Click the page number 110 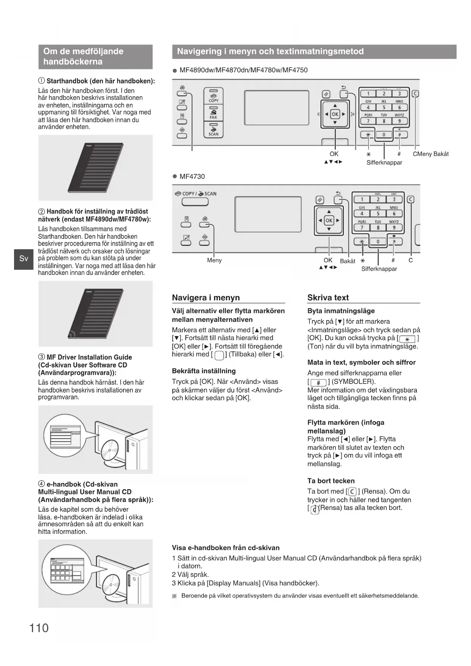tap(39, 628)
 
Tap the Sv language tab tap(24, 259)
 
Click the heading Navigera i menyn tap(206, 298)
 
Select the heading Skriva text tap(328, 298)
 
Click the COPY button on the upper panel tap(214, 96)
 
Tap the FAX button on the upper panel tap(214, 113)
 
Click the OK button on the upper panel tap(335, 114)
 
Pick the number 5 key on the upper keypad tap(384, 107)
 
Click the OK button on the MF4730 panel tap(329, 220)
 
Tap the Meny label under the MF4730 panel tap(214, 260)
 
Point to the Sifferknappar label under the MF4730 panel tap(379, 269)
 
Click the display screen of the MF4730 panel tap(268, 214)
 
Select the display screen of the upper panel tap(277, 108)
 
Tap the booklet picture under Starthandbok tap(96, 168)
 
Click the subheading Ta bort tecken tap(331, 481)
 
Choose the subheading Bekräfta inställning tap(203, 371)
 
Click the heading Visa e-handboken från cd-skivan tap(225, 548)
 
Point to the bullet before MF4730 tap(175, 177)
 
